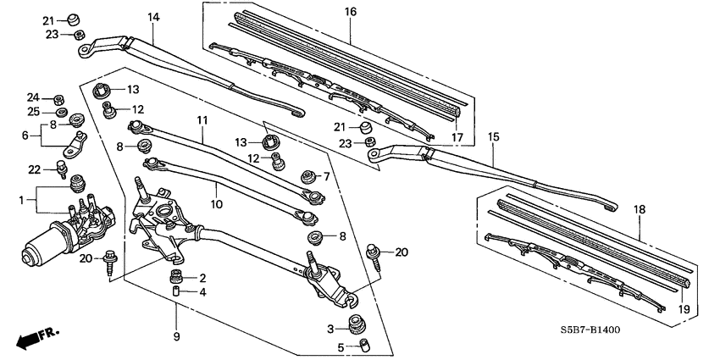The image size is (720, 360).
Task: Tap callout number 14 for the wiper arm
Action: (x=152, y=17)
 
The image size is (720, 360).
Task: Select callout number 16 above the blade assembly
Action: (x=351, y=12)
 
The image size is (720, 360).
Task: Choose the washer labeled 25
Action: (x=61, y=112)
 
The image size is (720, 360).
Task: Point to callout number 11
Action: (x=201, y=122)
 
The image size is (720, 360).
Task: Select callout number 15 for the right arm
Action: (x=494, y=136)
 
